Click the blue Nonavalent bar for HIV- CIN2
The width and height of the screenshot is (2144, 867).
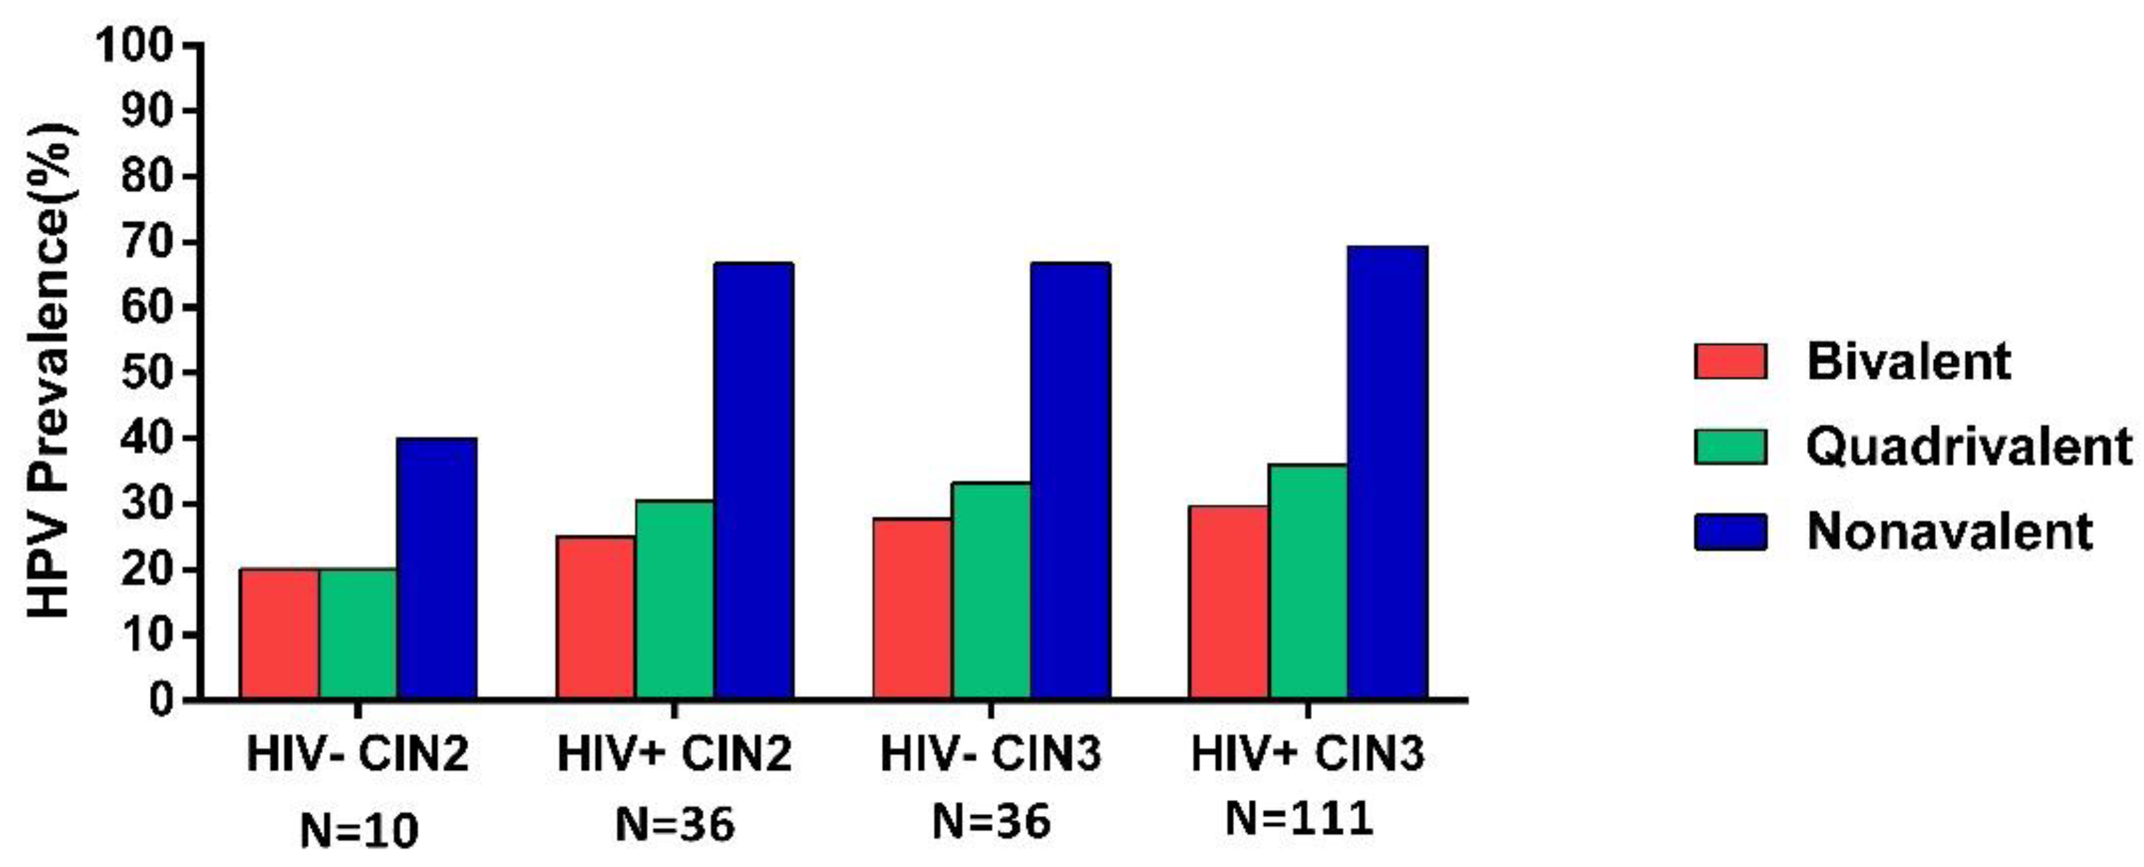click(x=436, y=568)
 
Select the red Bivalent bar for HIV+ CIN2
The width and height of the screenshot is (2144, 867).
click(x=595, y=617)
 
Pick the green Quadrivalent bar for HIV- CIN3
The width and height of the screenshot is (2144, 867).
click(x=990, y=591)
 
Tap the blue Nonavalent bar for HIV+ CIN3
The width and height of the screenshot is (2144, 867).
click(x=1387, y=472)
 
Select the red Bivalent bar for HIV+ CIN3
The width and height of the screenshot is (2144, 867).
click(x=1228, y=602)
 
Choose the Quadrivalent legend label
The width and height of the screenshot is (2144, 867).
click(x=1969, y=446)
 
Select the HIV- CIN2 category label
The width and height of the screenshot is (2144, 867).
click(x=358, y=755)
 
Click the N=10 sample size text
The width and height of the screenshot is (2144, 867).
click(x=359, y=831)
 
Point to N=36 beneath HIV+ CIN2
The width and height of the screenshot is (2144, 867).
click(x=675, y=824)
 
